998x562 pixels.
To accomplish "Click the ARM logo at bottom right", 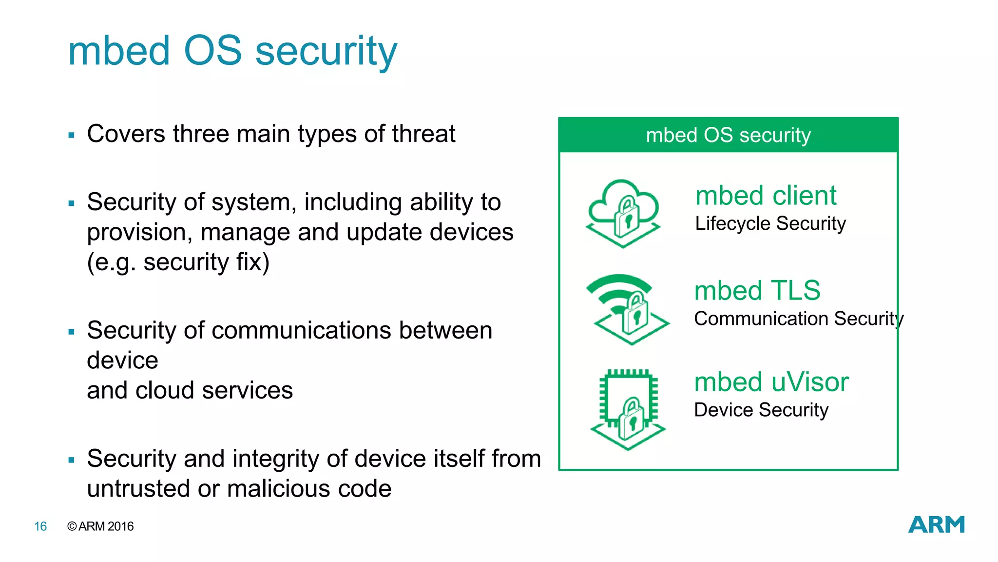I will (936, 524).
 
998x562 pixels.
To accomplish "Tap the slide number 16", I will (40, 526).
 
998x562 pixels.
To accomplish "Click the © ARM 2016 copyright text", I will (100, 526).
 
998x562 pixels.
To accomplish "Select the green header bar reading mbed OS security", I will (728, 135).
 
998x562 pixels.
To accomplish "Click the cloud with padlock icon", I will (623, 213).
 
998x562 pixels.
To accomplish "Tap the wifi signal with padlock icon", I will (627, 309).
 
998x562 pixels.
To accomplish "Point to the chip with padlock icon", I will (628, 409).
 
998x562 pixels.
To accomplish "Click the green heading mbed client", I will (766, 196).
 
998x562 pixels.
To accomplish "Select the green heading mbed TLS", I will (757, 290).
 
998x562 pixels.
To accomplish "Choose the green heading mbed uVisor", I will (771, 382).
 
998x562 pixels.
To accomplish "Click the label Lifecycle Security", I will (770, 224).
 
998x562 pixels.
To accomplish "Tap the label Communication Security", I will (798, 319).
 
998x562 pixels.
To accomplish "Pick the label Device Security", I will (761, 410).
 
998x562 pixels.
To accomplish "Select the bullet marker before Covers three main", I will (72, 135).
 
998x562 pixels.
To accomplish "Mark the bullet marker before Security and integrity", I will (72, 460).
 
